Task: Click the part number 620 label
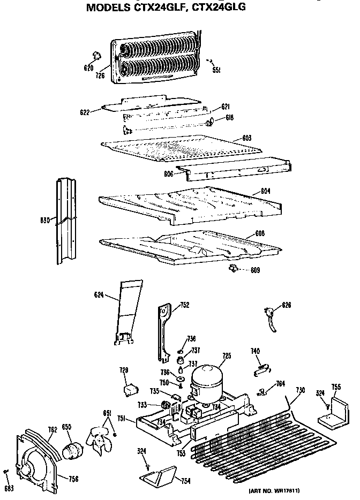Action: tap(89, 67)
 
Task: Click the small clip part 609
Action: tap(233, 268)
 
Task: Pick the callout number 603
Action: tap(246, 138)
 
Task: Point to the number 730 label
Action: tap(300, 390)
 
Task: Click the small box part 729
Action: tap(129, 391)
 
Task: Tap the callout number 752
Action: tap(184, 305)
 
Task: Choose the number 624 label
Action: tap(99, 294)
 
